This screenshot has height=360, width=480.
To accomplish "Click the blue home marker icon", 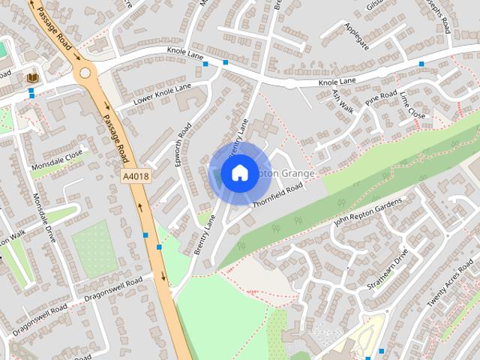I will point(239,172).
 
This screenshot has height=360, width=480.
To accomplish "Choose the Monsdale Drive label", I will point(44,217).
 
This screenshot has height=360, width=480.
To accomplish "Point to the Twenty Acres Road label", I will point(449,289).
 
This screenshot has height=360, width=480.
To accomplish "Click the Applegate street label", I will point(357,35).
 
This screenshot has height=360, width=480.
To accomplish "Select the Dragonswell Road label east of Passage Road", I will point(112,289).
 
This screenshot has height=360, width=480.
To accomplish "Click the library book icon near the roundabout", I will point(32,77).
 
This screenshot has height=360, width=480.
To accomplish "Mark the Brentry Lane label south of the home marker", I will point(204,234).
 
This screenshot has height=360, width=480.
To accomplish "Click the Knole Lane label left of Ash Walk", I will point(337,82).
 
